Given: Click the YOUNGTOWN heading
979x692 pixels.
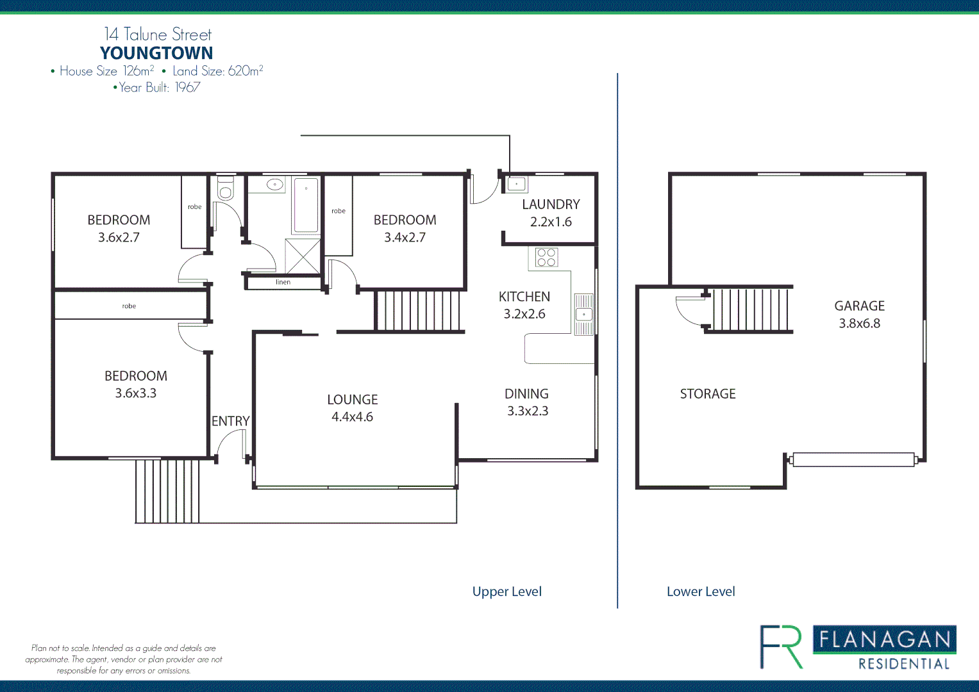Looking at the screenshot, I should [x=156, y=53].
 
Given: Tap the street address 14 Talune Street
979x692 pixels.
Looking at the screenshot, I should [x=158, y=34].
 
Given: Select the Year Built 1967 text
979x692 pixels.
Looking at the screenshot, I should [x=157, y=87].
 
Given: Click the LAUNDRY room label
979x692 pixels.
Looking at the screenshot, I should [x=551, y=204].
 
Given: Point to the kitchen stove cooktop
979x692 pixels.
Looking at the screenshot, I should [x=546, y=257].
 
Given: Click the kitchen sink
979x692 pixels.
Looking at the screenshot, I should [x=583, y=314].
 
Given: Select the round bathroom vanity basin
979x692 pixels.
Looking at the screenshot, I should [x=274, y=185].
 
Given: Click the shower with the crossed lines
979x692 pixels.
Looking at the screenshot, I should [x=303, y=256].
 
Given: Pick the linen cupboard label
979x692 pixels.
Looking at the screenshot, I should [x=283, y=282].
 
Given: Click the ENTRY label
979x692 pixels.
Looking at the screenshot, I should [x=230, y=421].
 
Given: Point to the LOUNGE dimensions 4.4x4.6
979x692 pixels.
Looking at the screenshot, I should [x=352, y=417].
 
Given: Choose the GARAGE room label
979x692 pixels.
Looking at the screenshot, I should [x=859, y=306].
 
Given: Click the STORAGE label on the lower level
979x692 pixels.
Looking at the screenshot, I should [x=708, y=394].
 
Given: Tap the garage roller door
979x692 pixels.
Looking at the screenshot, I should [x=853, y=459].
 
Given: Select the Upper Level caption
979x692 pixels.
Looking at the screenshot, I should [x=506, y=591].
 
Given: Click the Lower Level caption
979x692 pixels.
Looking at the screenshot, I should [x=701, y=591].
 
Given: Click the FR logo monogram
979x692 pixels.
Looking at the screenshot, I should [x=782, y=647].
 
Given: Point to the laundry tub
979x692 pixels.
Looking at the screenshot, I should [x=516, y=185].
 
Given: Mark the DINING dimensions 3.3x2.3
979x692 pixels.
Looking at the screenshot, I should [x=528, y=411].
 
